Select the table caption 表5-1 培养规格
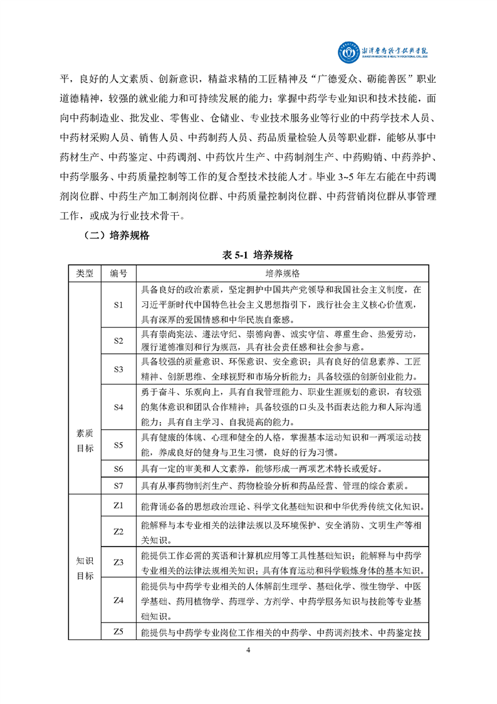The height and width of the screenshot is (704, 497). pos(249,255)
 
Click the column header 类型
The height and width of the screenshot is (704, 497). pos(84,274)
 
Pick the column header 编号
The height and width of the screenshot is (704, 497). pos(118,274)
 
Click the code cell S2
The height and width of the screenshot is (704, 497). pos(118,341)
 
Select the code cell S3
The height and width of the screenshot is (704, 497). pos(118,369)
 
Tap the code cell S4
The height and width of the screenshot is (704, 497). pos(118,407)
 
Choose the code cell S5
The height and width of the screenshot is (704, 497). pos(118,445)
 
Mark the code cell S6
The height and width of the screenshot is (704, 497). pos(118,469)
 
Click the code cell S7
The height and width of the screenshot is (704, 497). pos(118,485)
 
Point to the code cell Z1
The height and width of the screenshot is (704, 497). pos(118,505)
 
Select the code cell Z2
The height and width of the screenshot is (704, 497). pos(118,531)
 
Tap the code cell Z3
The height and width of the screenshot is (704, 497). pos(118,562)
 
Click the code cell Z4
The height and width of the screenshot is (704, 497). pos(118,600)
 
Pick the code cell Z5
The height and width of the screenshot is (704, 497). pos(118,631)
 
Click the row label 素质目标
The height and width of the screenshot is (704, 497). pos(84,440)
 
